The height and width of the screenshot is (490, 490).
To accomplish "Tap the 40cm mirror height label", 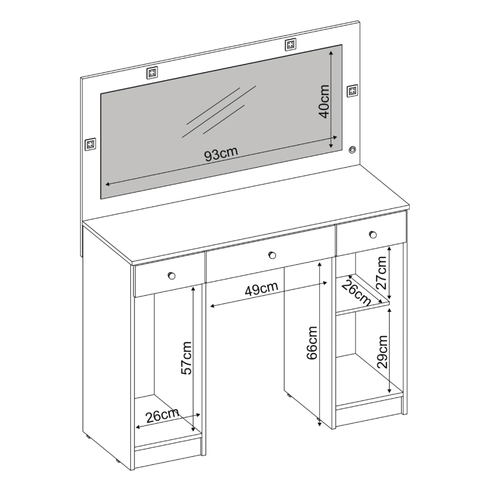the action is [324, 101].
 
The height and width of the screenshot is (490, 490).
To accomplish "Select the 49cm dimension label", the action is [261, 289].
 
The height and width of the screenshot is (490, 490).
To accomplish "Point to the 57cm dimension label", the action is [186, 358].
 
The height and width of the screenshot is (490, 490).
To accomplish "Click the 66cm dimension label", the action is [312, 343].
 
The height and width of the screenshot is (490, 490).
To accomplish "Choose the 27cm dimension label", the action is [381, 272].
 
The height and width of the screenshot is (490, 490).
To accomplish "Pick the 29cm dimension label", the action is [382, 352].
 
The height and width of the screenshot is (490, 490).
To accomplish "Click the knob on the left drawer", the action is [172, 276].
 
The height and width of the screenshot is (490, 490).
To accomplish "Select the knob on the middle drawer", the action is [272, 256].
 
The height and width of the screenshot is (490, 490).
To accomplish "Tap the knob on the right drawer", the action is [373, 234].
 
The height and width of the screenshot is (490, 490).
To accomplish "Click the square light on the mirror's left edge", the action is [90, 144].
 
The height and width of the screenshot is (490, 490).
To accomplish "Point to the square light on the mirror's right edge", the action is [353, 90].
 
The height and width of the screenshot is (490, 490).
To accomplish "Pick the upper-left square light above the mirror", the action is [152, 73].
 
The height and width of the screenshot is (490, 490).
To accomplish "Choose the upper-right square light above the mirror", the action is [290, 45].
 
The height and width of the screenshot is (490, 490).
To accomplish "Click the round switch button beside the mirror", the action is [353, 149].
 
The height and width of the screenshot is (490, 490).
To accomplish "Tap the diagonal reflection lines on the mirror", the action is [219, 111].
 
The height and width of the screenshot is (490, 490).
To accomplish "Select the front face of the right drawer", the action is [371, 234].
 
